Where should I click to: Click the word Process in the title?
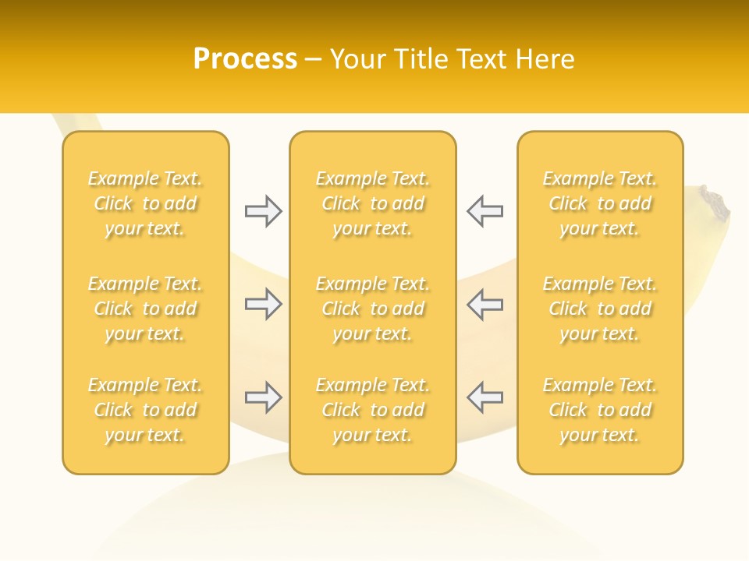(x=245, y=59)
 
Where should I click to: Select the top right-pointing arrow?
(x=264, y=210)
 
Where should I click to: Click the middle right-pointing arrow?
(x=264, y=304)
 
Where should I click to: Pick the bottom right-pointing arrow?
(x=264, y=397)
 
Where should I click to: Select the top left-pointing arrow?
(x=485, y=210)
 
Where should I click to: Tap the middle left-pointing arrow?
(x=485, y=304)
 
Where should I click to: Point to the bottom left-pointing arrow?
(x=485, y=397)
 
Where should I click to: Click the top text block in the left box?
(x=145, y=203)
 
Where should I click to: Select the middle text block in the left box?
(x=145, y=309)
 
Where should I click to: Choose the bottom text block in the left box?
(x=145, y=410)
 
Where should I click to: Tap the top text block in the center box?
(x=373, y=203)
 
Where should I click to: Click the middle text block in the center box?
(x=373, y=309)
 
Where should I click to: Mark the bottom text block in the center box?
(x=373, y=410)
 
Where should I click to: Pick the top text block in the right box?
(x=600, y=203)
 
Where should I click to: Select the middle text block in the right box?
(x=600, y=309)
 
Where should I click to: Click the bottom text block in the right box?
(x=600, y=410)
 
